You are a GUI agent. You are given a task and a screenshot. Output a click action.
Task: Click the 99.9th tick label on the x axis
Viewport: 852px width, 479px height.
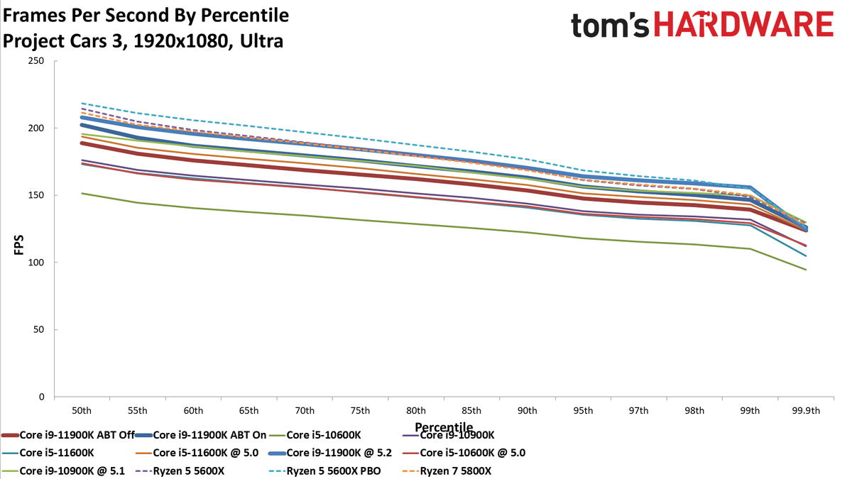[x=806, y=411]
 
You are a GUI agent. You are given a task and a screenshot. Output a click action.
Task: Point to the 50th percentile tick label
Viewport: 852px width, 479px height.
[x=82, y=411]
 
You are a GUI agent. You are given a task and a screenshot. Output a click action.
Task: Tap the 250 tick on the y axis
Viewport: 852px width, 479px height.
[x=36, y=61]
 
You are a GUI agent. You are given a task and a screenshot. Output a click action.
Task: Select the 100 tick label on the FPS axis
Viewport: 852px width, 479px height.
[x=36, y=263]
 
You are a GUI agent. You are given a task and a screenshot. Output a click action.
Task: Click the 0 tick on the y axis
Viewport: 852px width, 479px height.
[x=41, y=397]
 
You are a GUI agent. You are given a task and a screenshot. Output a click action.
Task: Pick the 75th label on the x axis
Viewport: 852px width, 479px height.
[x=360, y=411]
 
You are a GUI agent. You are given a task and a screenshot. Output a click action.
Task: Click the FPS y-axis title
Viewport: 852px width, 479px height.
[x=18, y=245]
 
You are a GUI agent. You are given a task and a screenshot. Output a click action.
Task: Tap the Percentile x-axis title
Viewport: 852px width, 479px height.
[x=444, y=427]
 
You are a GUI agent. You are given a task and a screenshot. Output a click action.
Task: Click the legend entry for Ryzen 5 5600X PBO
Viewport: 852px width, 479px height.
[x=325, y=471]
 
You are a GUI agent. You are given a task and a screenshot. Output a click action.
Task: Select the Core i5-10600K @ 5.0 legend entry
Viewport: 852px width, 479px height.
[x=464, y=453]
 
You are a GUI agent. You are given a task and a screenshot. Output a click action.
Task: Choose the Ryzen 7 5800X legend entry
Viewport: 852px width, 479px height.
[x=447, y=471]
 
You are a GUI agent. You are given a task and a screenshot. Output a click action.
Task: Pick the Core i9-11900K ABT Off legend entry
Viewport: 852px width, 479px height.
[x=68, y=435]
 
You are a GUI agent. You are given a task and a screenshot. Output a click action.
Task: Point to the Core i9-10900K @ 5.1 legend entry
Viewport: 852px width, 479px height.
[x=63, y=471]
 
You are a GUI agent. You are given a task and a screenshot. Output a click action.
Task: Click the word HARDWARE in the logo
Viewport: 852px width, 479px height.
[x=743, y=24]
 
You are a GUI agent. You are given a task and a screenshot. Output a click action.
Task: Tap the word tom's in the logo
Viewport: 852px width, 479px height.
[x=610, y=26]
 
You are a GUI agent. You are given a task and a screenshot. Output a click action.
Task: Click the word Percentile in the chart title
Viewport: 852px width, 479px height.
[x=244, y=16]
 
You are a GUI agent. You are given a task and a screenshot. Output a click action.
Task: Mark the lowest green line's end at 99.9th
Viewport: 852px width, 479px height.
[x=806, y=270]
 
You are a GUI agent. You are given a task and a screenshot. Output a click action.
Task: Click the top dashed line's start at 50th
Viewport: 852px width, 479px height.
[x=82, y=103]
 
